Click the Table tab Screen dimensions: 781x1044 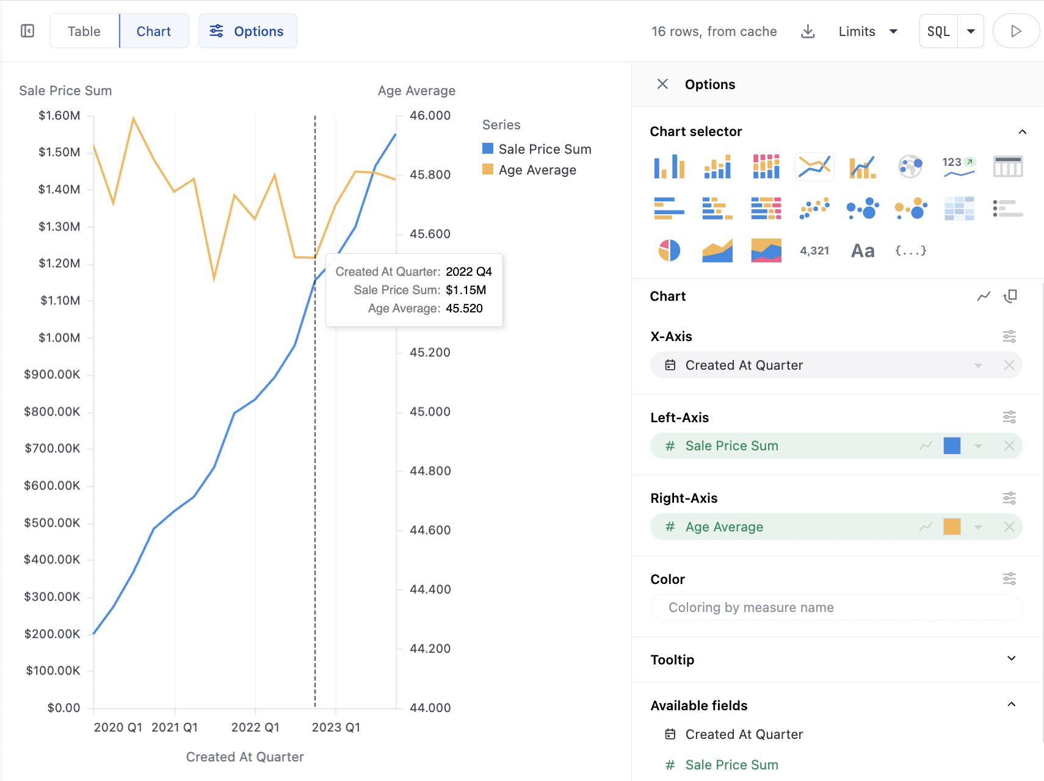pyautogui.click(x=84, y=31)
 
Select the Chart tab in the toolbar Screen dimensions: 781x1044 pyautogui.click(x=154, y=31)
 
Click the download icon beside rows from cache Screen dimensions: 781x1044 pyautogui.click(x=808, y=31)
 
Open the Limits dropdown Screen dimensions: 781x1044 pyautogui.click(x=868, y=31)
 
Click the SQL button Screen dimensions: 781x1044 pyautogui.click(x=938, y=31)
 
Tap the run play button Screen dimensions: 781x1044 pyautogui.click(x=1016, y=31)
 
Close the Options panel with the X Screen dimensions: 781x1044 pyautogui.click(x=662, y=84)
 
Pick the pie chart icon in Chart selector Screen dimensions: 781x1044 pyautogui.click(x=669, y=250)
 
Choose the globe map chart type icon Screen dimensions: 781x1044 pyautogui.click(x=910, y=166)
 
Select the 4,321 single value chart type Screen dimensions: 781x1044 pyautogui.click(x=814, y=250)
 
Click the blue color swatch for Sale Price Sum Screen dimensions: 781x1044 pyautogui.click(x=952, y=446)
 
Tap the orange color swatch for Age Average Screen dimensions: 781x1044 pyautogui.click(x=952, y=527)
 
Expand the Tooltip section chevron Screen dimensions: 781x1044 pyautogui.click(x=1011, y=659)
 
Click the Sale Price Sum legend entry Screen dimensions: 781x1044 pyautogui.click(x=545, y=149)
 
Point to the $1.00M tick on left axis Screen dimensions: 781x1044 pyautogui.click(x=59, y=337)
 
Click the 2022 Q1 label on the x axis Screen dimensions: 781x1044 pyautogui.click(x=255, y=727)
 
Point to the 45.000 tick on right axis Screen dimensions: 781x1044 pyautogui.click(x=430, y=411)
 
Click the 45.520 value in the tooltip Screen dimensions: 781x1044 pyautogui.click(x=464, y=308)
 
